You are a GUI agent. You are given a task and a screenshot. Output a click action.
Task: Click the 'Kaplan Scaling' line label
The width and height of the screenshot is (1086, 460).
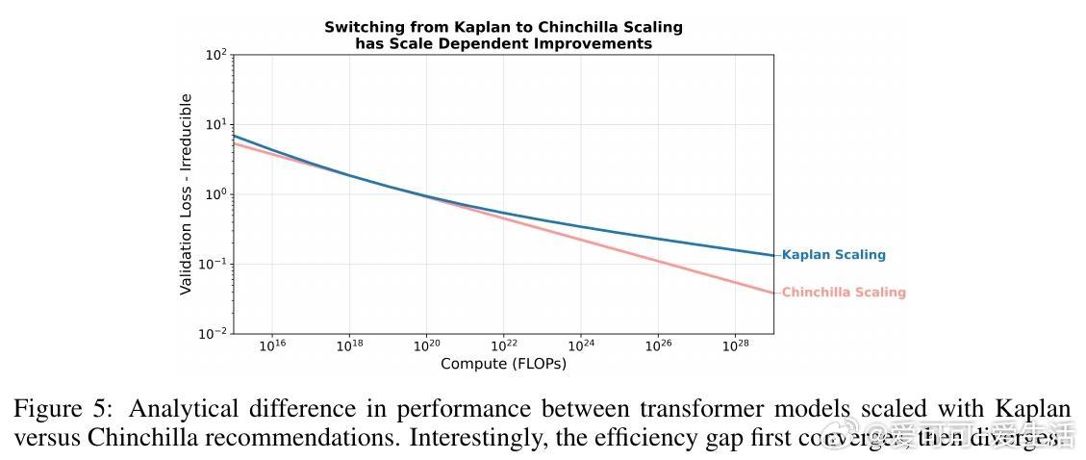coord(833,255)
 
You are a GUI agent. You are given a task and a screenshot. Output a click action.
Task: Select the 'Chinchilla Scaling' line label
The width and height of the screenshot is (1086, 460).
coord(844,293)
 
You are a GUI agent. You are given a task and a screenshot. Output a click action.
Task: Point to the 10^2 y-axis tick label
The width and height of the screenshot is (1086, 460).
coord(215,56)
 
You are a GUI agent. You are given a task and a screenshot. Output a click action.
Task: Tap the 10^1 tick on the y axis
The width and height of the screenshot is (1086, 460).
coord(215,125)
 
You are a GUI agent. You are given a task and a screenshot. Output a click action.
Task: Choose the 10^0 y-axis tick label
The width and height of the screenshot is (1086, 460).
coord(215,195)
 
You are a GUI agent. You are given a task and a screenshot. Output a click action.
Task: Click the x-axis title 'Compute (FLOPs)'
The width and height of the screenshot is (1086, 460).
coord(503,364)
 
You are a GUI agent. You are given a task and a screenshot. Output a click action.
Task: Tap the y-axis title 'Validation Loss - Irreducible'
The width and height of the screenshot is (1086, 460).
coord(187,194)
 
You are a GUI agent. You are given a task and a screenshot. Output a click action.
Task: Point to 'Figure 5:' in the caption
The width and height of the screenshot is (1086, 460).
coord(55,409)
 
